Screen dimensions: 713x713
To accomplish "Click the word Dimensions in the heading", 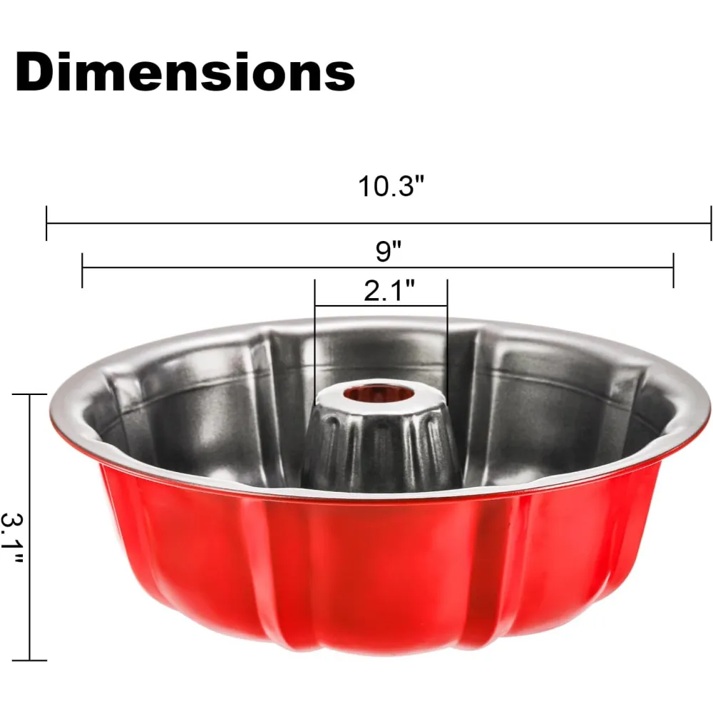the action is (185, 72).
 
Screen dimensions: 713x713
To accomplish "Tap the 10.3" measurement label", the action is (391, 186).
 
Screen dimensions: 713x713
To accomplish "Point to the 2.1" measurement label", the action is (389, 291).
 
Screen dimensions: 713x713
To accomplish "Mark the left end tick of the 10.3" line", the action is (46, 222).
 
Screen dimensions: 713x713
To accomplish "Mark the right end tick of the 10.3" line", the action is (711, 222).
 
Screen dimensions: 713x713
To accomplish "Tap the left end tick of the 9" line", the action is (82, 270).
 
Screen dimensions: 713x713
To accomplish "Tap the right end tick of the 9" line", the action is (674, 270).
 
